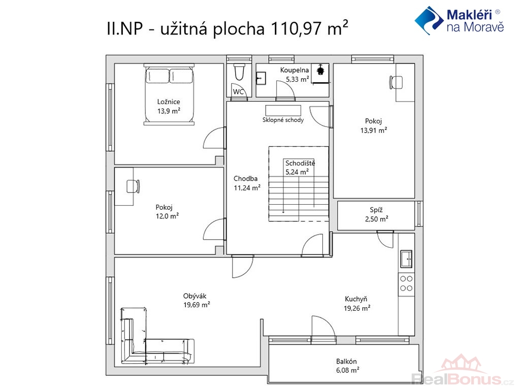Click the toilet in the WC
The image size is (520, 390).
[x=239, y=72]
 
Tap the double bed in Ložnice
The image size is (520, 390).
[x=169, y=94]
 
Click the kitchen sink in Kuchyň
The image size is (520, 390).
[x=406, y=259]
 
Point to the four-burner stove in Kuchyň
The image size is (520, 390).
[x=406, y=283]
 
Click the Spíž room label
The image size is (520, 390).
[x=376, y=210]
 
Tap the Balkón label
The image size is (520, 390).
[x=346, y=361]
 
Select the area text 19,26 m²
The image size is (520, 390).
[x=357, y=308]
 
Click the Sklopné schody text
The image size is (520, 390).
[x=283, y=120]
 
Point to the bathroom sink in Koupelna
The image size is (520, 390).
[x=261, y=79]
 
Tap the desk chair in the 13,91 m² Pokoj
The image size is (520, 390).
[x=396, y=82]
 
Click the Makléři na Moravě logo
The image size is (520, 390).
[x=459, y=20]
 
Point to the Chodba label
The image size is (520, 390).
[x=245, y=178]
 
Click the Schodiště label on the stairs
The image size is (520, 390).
[x=300, y=163]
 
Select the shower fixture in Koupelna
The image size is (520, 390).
[x=320, y=70]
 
